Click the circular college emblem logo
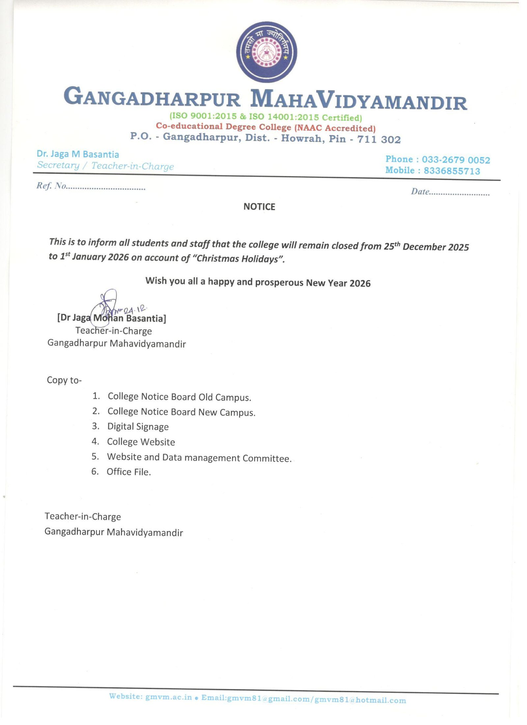266,52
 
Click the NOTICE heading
259,207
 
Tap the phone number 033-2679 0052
456,160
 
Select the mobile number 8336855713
452,171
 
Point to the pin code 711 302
379,139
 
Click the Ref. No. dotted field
105,188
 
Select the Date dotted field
459,193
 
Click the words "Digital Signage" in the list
138,426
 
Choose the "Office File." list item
128,472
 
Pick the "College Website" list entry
141,442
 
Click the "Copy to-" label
64,380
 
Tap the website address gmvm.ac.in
168,697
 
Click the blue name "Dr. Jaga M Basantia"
78,154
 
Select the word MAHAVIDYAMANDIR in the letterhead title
358,100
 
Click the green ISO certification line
265,117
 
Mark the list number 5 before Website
95,456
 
